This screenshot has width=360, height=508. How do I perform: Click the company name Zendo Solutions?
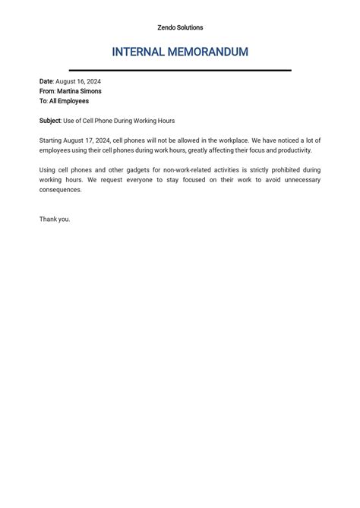click(180, 27)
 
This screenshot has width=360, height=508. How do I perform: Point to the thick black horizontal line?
click(180, 70)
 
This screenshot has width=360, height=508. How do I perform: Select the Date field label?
click(46, 81)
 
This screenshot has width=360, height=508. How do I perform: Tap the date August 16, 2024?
click(78, 81)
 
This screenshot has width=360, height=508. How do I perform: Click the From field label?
click(47, 91)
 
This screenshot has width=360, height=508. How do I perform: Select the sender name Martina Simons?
click(79, 91)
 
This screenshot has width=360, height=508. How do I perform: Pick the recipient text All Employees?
click(69, 101)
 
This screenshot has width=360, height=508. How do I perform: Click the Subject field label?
click(50, 121)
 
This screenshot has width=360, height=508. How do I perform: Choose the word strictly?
click(254, 170)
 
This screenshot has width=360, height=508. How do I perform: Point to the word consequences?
click(60, 190)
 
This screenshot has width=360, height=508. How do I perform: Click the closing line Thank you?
click(55, 219)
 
